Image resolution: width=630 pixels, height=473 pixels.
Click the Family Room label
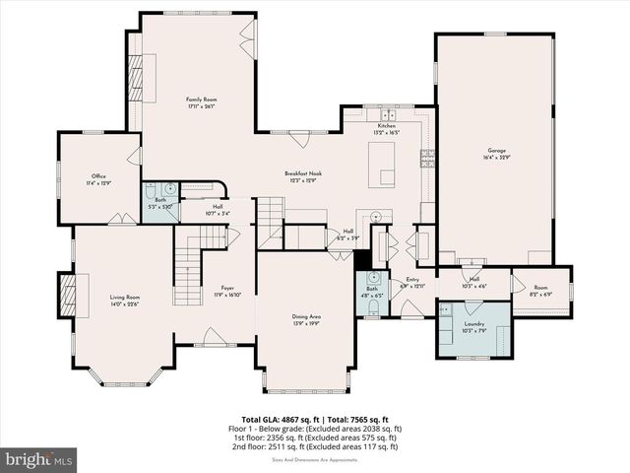pyautogui.click(x=202, y=102)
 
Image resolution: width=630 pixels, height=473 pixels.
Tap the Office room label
pyautogui.click(x=94, y=179)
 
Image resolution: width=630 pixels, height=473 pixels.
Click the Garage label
pyautogui.click(x=496, y=154)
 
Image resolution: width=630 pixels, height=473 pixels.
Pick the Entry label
pyautogui.click(x=411, y=283)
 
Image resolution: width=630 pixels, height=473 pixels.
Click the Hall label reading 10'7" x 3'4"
pyautogui.click(x=218, y=210)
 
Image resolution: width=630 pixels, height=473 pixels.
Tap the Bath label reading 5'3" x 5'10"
pyautogui.click(x=159, y=204)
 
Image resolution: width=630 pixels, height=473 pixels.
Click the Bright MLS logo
pyautogui.click(x=39, y=459)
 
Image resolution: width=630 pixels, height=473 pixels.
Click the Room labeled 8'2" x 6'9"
pyautogui.click(x=541, y=291)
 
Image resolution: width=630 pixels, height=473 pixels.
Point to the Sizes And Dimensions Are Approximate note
pyautogui.click(x=314, y=457)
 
